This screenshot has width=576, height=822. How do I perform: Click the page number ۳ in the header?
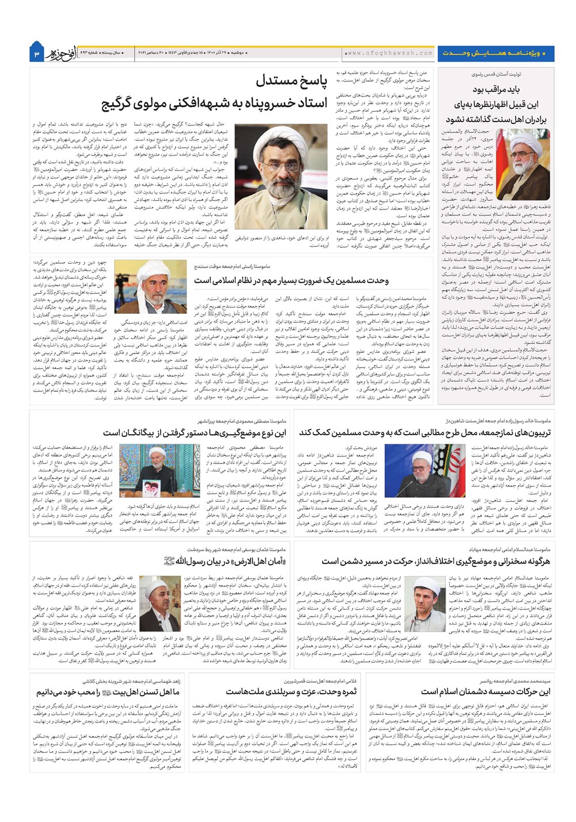pyautogui.click(x=36, y=53)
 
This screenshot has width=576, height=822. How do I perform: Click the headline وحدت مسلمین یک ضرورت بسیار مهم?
pyautogui.click(x=291, y=280)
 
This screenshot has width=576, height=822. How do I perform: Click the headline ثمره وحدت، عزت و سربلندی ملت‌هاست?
pyautogui.click(x=291, y=691)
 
